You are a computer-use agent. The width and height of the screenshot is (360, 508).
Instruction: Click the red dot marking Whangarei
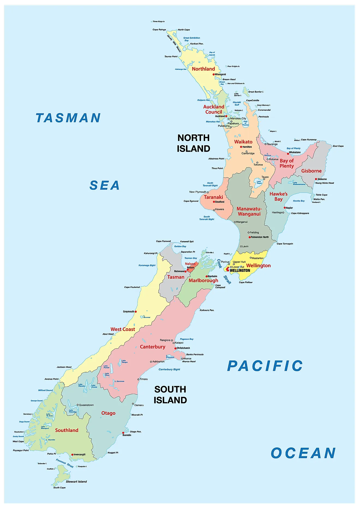pyautogui.click(x=214, y=74)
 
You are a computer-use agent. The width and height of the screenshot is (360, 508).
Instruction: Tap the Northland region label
pyautogui.click(x=203, y=69)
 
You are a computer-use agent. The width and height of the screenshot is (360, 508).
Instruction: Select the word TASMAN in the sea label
pyautogui.click(x=68, y=118)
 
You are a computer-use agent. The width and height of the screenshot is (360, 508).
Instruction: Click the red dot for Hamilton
pyautogui.click(x=241, y=147)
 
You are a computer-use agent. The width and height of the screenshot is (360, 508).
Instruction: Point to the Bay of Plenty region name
pyautogui.click(x=287, y=163)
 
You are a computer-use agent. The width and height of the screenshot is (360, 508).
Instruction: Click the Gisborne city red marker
pyautogui.click(x=316, y=179)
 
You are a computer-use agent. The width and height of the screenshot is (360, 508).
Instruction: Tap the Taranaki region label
pyautogui.click(x=213, y=197)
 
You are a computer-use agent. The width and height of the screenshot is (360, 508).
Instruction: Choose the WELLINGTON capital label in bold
pyautogui.click(x=240, y=270)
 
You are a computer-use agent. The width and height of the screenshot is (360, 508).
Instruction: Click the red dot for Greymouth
pyautogui.click(x=136, y=311)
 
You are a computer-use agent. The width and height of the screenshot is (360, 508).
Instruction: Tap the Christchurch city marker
pyautogui.click(x=175, y=348)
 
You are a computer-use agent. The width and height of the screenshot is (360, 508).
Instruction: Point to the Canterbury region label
pyautogui.click(x=152, y=347)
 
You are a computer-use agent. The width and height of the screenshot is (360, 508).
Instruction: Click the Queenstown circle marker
pyautogui.click(x=78, y=405)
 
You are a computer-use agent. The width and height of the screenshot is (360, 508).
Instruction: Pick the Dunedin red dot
pyautogui.click(x=123, y=433)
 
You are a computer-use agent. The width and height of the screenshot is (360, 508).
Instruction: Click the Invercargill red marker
pyautogui.click(x=72, y=455)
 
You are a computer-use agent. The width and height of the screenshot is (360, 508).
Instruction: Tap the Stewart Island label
pyautogui.click(x=76, y=482)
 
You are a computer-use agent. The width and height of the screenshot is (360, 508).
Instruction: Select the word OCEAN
pyautogui.click(x=303, y=453)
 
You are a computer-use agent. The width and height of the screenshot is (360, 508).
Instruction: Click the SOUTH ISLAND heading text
pyautogui.click(x=170, y=395)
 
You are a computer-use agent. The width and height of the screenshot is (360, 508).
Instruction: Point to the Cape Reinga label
pyautogui.click(x=159, y=30)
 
